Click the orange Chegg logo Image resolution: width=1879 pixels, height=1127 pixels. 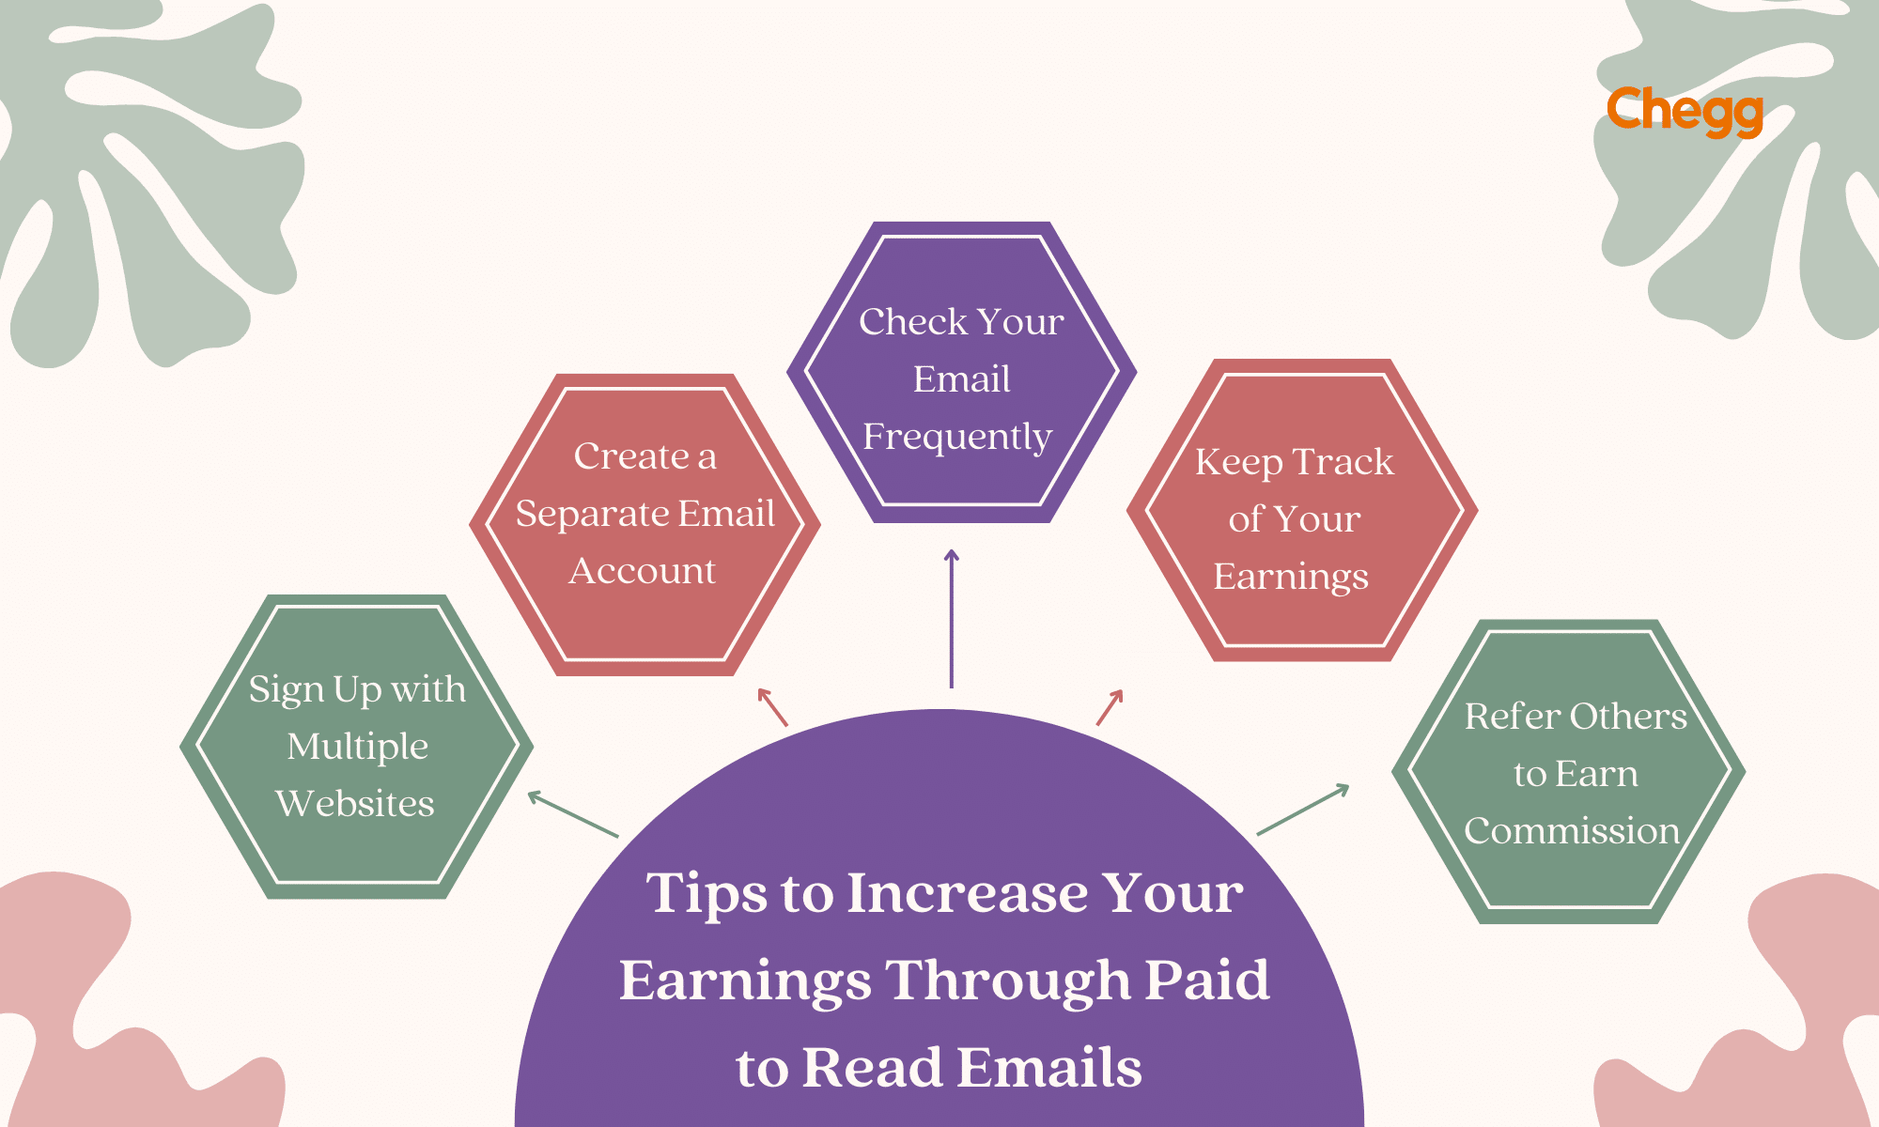click(1684, 112)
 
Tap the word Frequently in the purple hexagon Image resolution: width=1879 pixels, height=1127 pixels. click(957, 437)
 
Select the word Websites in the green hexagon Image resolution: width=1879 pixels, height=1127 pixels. click(355, 804)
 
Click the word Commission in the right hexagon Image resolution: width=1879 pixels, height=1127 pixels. click(1572, 831)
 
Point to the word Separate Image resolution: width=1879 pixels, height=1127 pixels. click(593, 514)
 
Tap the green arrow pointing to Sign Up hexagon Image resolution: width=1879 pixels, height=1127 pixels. click(572, 814)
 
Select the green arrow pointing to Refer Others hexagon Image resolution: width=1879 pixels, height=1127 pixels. click(1303, 810)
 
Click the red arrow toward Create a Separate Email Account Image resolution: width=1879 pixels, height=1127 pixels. click(772, 707)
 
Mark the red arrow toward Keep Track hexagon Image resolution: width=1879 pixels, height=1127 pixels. click(1110, 707)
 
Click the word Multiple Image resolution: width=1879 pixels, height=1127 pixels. click(357, 748)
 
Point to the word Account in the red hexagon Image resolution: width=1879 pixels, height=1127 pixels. click(643, 571)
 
